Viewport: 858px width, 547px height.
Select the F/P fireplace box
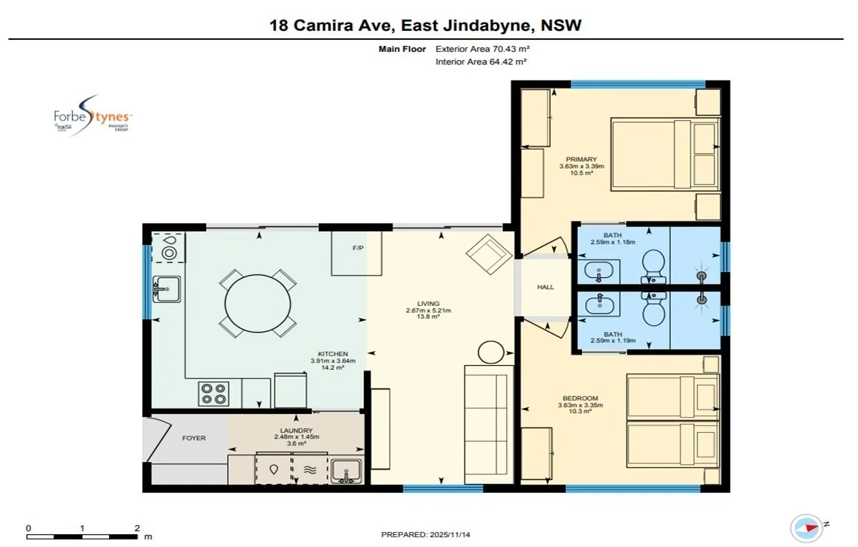(x=358, y=253)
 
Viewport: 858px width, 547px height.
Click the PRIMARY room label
(x=581, y=159)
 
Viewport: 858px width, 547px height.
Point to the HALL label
(x=546, y=287)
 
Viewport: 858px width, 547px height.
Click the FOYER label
(x=193, y=438)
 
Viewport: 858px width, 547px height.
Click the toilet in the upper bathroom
(x=653, y=265)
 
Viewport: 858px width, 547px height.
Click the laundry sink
(x=346, y=470)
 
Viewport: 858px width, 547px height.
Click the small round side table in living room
(x=492, y=352)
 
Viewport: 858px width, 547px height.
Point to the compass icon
(x=806, y=527)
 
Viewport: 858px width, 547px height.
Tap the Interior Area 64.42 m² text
(x=481, y=62)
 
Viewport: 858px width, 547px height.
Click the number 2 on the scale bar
(x=137, y=527)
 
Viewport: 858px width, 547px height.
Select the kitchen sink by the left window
(x=166, y=287)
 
